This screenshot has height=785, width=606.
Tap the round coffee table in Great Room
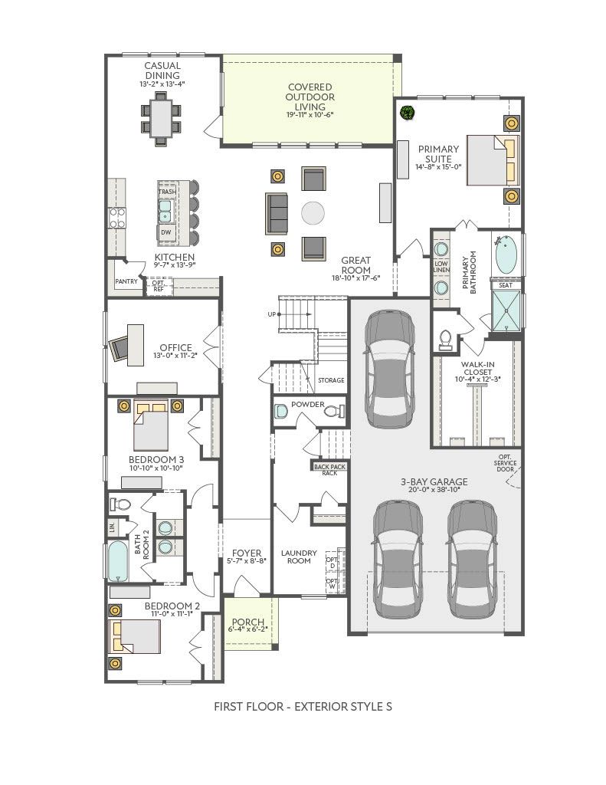click(x=313, y=213)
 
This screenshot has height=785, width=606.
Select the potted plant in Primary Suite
click(x=408, y=113)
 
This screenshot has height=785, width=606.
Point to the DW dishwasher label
click(x=166, y=232)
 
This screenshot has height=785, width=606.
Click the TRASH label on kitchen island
click(x=167, y=192)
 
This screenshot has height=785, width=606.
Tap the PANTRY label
click(x=126, y=281)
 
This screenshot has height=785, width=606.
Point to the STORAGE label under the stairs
click(x=331, y=380)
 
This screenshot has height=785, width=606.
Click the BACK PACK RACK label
click(x=329, y=470)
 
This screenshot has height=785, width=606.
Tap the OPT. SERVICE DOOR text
click(x=505, y=463)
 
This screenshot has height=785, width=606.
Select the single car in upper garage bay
click(x=389, y=369)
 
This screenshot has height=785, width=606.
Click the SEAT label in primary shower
click(x=506, y=285)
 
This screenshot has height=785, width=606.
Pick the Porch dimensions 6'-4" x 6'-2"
click(x=248, y=629)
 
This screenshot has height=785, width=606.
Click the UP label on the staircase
click(x=272, y=314)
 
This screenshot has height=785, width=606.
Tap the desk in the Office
click(x=135, y=345)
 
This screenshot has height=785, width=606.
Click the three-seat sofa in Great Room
click(x=277, y=213)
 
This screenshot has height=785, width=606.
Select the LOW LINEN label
click(x=441, y=267)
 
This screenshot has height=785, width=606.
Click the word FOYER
click(x=247, y=553)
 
